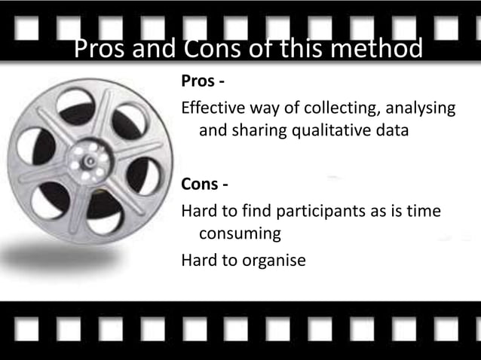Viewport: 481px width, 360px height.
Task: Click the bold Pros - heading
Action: click(x=201, y=81)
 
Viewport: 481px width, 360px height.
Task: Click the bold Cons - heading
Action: click(x=204, y=185)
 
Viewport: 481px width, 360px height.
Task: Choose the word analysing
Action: click(x=418, y=108)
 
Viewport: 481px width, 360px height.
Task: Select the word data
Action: click(x=391, y=130)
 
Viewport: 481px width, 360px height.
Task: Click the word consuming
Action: click(x=240, y=234)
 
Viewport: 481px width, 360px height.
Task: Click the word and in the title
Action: click(x=155, y=50)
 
